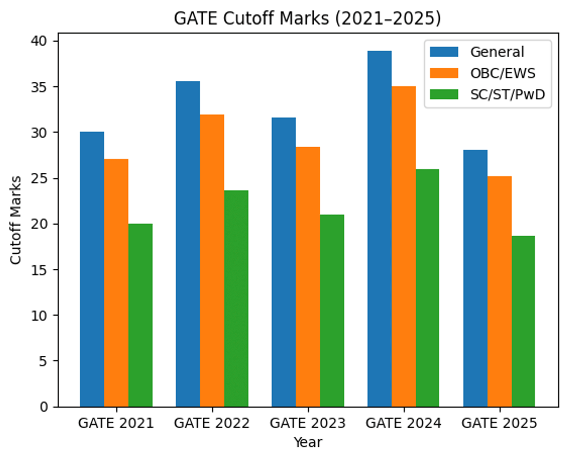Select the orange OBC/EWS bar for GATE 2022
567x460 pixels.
(x=212, y=260)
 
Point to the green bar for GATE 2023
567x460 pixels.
(x=332, y=310)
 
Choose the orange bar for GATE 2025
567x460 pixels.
(x=499, y=291)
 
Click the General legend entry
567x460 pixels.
(x=497, y=52)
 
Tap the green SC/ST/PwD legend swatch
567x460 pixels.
(x=444, y=94)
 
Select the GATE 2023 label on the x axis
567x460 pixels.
(x=308, y=423)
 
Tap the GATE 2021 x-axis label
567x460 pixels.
(x=116, y=423)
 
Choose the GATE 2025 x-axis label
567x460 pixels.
(x=499, y=423)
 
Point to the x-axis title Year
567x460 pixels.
(x=308, y=442)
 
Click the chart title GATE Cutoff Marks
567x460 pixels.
(x=307, y=18)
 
